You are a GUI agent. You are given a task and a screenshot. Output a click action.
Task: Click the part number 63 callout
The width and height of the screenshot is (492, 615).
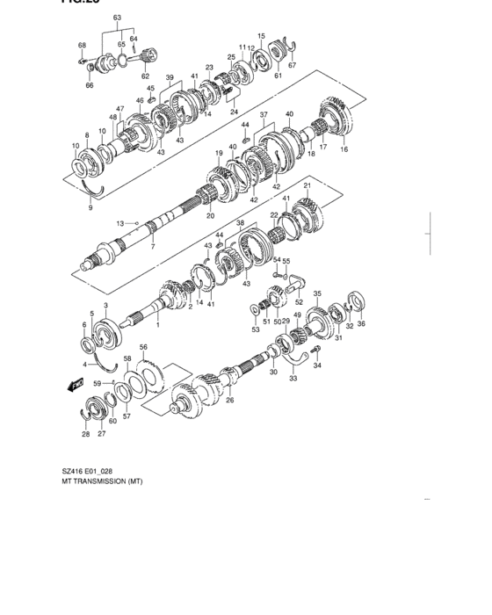(117, 17)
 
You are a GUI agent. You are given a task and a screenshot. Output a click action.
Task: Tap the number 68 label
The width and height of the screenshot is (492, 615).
(82, 45)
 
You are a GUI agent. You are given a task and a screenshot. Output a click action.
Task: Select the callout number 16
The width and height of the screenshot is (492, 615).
(344, 150)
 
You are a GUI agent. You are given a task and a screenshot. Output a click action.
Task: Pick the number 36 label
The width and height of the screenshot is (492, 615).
(361, 324)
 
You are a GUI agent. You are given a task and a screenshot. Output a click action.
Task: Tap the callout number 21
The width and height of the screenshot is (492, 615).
(307, 186)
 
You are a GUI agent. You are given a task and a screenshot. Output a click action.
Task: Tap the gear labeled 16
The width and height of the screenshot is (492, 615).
(337, 115)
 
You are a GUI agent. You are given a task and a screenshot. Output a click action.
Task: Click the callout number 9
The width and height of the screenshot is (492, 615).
(90, 208)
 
